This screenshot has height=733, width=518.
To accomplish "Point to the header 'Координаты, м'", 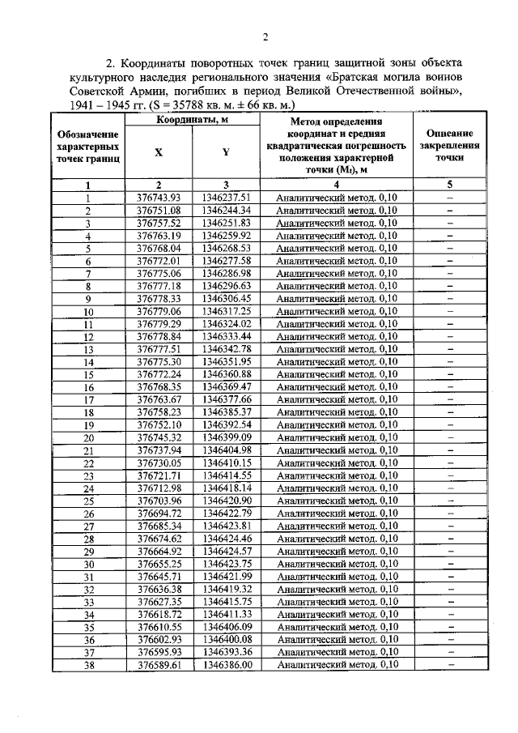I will coord(192,121).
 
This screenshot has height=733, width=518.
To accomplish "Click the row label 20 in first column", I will coord(89,437).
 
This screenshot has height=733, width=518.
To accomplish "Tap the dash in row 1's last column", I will coord(449,197).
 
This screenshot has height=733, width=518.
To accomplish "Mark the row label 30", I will coord(89,564).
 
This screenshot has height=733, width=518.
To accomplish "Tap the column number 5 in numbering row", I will coord(449,184).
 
